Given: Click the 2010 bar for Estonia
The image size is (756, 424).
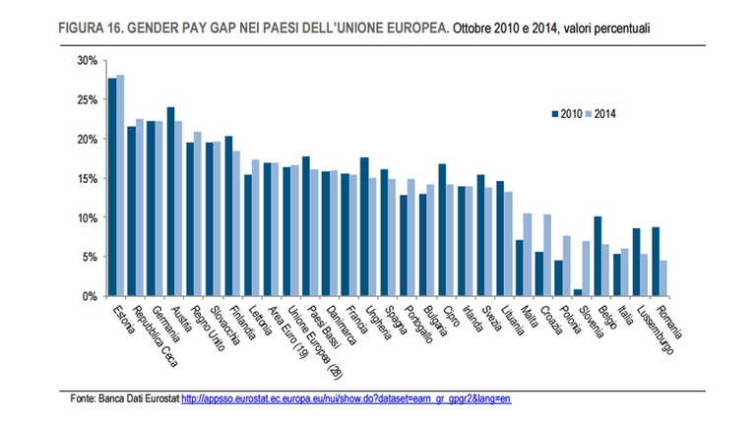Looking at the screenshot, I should [x=112, y=187].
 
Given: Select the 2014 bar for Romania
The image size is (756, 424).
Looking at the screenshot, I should [x=662, y=278].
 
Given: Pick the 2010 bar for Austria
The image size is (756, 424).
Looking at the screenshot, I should [x=170, y=202].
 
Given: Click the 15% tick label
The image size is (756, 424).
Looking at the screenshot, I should [x=86, y=178].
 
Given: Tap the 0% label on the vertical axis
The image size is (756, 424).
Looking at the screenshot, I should [x=89, y=296].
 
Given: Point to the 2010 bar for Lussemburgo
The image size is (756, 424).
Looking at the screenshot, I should [x=635, y=263].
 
